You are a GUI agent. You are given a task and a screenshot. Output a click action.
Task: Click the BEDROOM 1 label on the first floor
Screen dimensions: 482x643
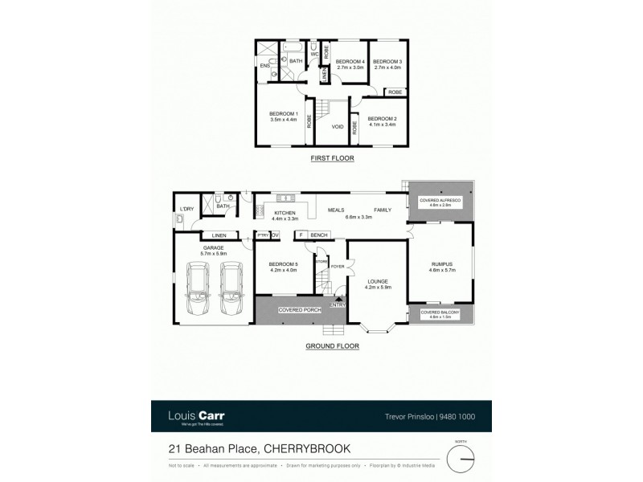284,113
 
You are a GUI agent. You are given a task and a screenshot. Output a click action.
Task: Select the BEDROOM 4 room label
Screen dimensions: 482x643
350,62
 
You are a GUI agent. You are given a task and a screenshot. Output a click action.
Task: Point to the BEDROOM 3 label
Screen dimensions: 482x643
387,62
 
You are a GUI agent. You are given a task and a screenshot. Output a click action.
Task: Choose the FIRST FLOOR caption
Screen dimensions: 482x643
333,158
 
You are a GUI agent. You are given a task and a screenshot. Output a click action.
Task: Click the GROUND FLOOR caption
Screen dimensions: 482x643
332,346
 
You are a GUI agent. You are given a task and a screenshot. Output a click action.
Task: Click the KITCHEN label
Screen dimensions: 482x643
285,213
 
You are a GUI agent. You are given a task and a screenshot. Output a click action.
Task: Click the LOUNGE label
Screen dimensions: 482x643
377,282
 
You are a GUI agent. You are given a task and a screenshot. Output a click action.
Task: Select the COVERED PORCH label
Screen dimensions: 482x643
295,309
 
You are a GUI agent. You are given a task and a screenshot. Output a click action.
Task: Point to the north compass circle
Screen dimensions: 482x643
462,459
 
